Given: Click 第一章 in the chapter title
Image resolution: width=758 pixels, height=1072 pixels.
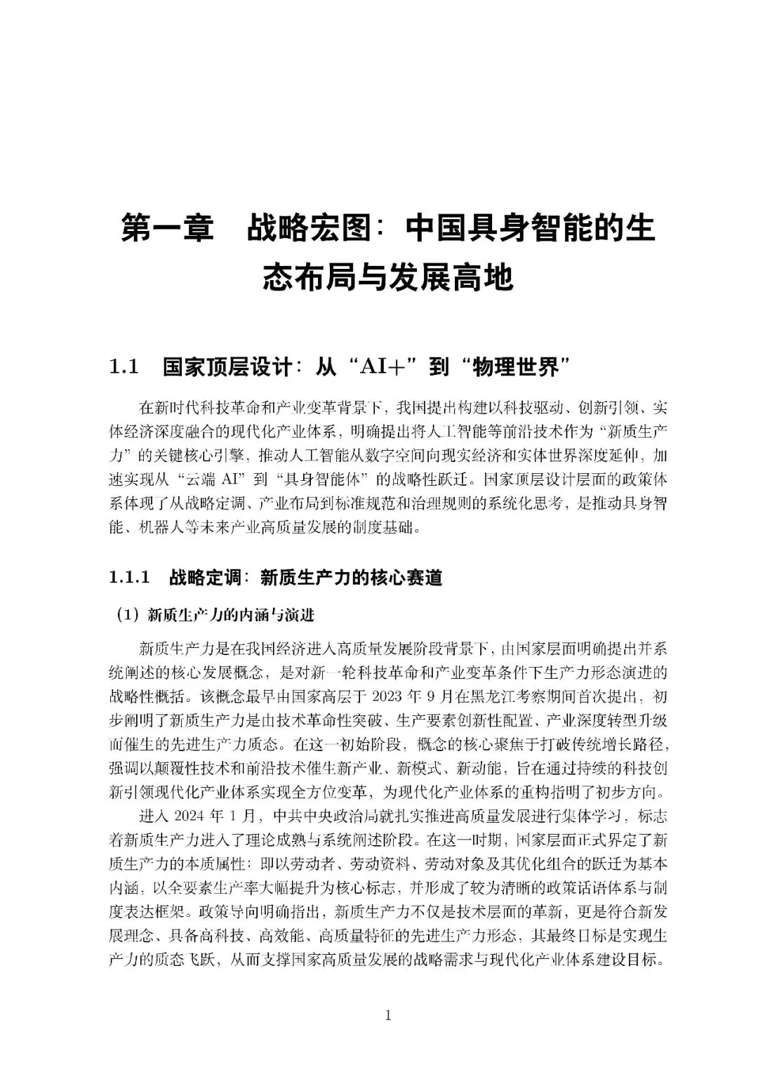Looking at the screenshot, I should click(167, 230).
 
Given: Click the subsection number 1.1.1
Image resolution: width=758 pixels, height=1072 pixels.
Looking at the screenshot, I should click(130, 578).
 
